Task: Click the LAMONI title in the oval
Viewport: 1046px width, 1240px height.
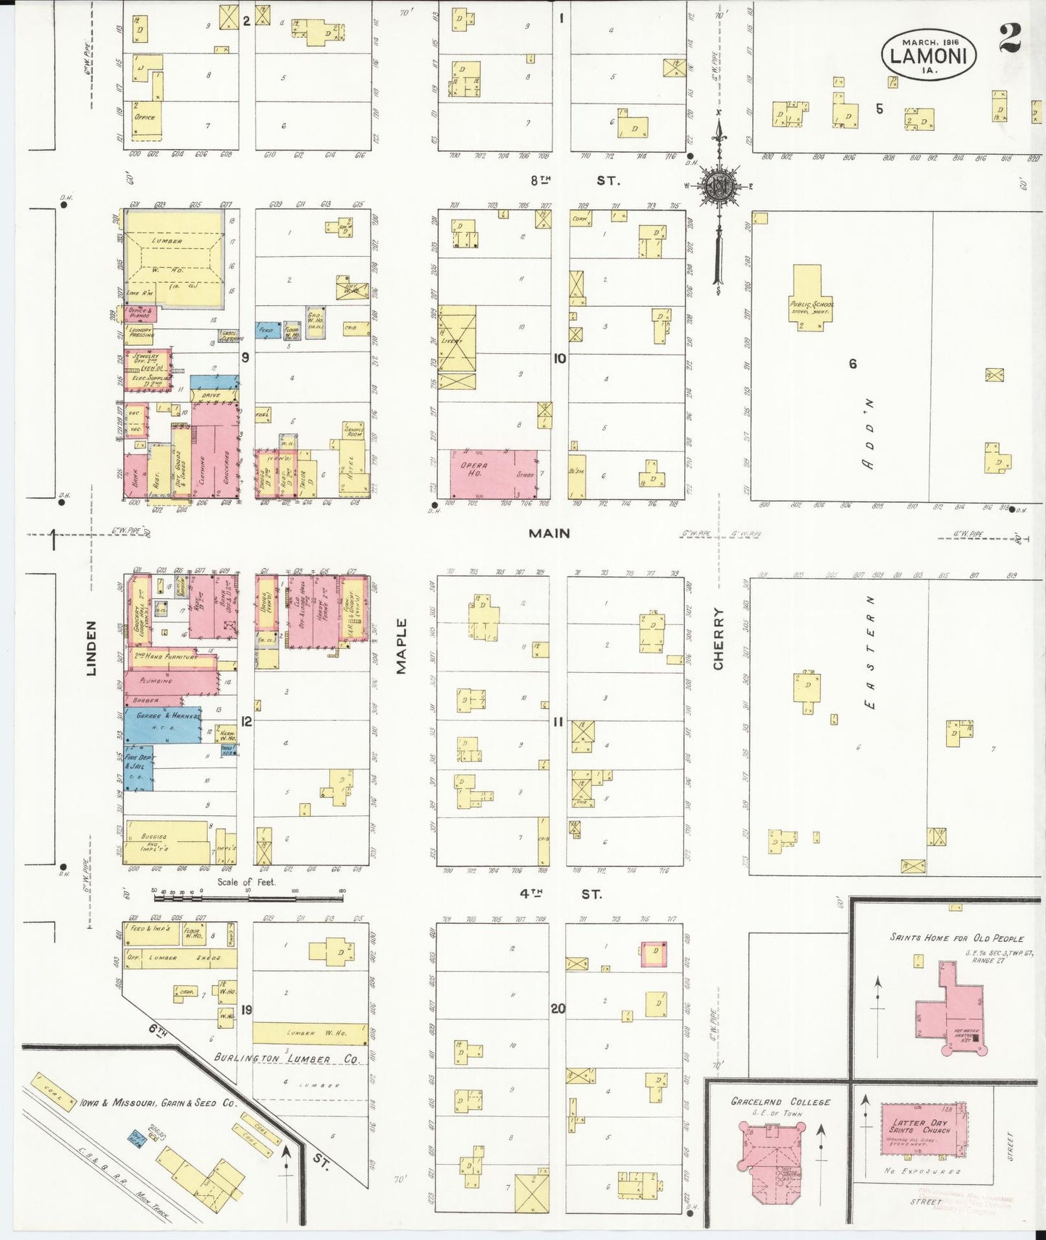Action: click(x=929, y=54)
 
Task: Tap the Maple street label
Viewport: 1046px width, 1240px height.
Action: click(x=402, y=646)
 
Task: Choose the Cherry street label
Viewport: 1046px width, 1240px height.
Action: click(x=718, y=639)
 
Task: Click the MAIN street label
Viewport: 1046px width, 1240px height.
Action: click(x=549, y=533)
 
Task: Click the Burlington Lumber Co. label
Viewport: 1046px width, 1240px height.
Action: click(x=287, y=1058)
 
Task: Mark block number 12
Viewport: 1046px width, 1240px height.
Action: click(x=246, y=721)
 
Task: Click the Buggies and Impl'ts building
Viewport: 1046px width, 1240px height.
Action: click(x=165, y=841)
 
